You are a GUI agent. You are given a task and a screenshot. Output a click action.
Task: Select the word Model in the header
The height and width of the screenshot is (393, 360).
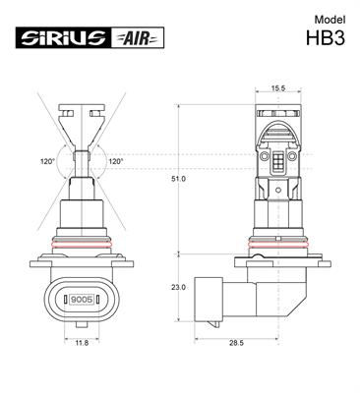[x=330, y=20]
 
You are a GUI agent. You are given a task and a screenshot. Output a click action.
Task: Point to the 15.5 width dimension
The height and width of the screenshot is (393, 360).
[x=277, y=88]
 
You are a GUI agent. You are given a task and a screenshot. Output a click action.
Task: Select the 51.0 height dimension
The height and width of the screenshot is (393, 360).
[x=177, y=180]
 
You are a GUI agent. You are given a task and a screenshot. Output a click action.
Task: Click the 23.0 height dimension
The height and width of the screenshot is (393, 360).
[x=177, y=287]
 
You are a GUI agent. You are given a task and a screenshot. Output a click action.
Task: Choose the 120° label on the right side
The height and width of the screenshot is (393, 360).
[x=115, y=161]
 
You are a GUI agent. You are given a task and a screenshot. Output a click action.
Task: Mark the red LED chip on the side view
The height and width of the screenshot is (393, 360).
[x=277, y=160]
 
